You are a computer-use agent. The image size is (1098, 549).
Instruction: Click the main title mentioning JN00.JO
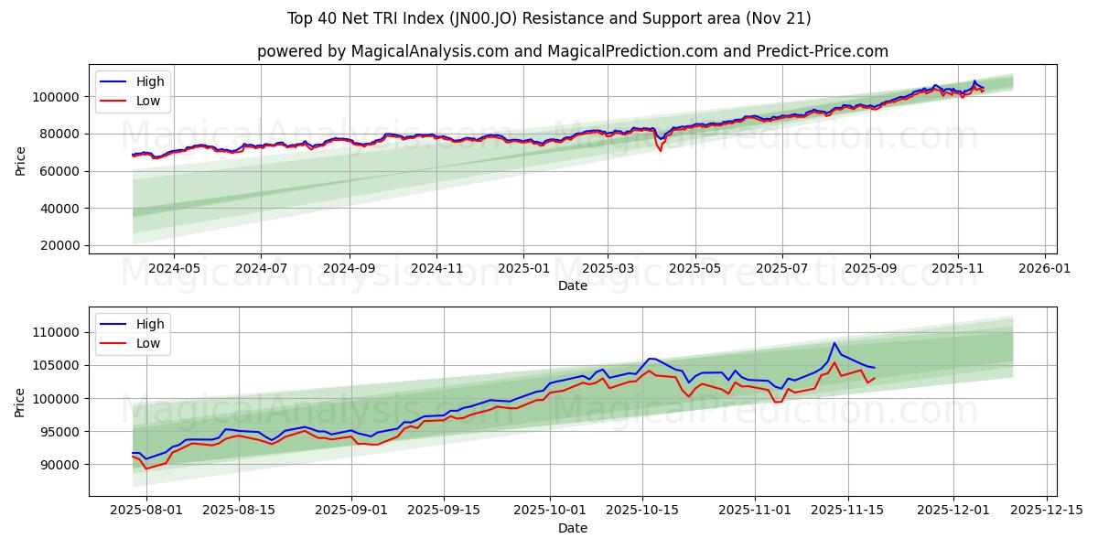[x=548, y=18]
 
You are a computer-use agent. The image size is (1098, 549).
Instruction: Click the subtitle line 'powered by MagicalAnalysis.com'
[x=572, y=51]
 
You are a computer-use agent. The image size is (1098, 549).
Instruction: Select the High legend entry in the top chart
[x=147, y=81]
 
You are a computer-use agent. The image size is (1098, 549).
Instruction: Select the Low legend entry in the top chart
[x=147, y=101]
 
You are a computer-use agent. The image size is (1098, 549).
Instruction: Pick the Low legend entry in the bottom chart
[x=147, y=343]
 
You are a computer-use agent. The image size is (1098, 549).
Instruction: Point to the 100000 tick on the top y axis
[x=58, y=96]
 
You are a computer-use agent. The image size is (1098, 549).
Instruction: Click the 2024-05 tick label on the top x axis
[x=174, y=269]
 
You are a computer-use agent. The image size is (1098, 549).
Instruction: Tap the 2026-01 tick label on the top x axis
[x=1044, y=269]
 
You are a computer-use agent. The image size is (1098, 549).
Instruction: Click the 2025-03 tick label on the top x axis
[x=608, y=269]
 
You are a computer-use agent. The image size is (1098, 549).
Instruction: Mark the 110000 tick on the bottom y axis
[x=58, y=332]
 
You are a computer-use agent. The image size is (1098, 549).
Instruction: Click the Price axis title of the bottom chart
[x=20, y=402]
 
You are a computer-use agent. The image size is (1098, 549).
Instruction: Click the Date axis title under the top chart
[x=572, y=285]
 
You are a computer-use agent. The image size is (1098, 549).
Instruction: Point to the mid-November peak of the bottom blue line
[x=834, y=343]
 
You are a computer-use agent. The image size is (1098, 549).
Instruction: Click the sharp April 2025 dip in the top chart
[x=660, y=149]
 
